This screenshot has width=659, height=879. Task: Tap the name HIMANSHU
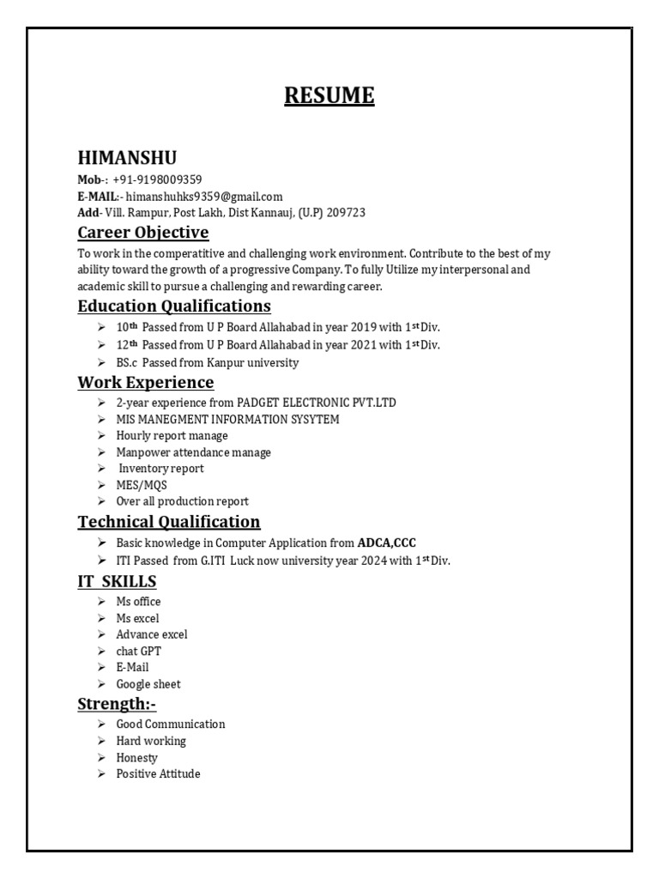(127, 158)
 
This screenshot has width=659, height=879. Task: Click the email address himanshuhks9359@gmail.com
(204, 196)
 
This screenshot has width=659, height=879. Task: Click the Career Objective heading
(142, 233)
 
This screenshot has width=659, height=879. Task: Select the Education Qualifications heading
(174, 306)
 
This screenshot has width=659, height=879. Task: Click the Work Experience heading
(145, 382)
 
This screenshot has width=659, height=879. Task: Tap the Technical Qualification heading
(169, 522)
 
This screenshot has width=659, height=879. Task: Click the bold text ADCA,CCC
(386, 543)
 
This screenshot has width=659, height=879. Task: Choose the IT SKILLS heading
(117, 582)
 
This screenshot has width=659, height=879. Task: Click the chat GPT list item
(138, 651)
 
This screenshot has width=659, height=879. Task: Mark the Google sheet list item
(148, 684)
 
